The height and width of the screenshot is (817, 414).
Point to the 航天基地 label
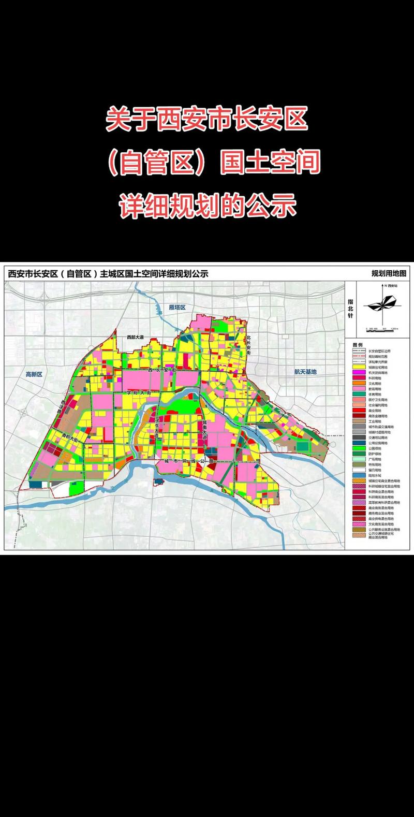pos(305,371)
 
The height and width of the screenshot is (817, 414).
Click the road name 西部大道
pos(137,338)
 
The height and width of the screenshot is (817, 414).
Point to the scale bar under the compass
pos(382,328)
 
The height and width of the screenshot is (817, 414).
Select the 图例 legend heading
pos(358,344)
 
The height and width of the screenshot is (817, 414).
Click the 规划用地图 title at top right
pos(389,274)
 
